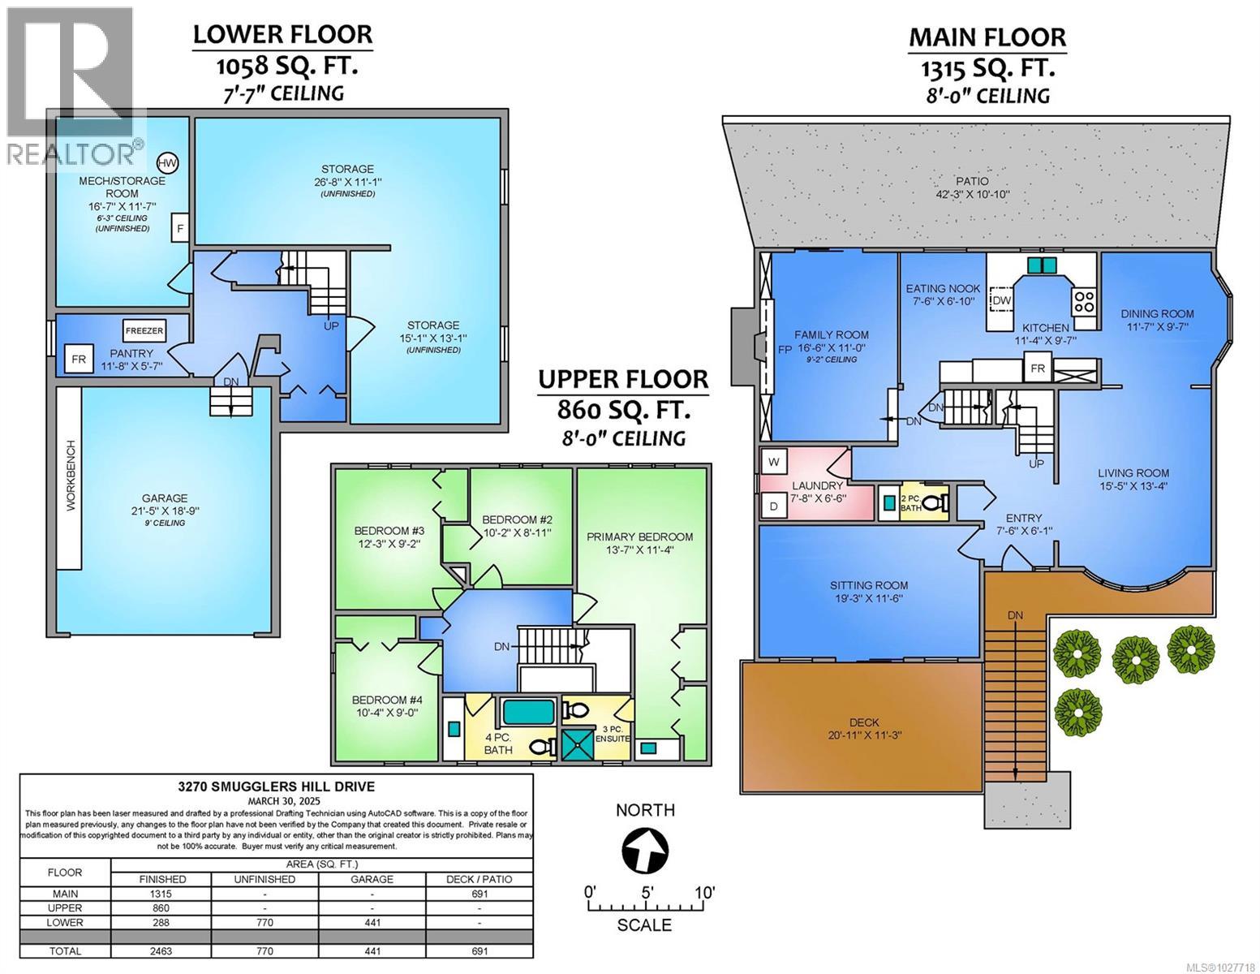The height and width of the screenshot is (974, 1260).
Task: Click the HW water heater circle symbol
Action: coord(167,163)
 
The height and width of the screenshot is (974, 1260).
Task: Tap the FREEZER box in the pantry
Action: coord(144,331)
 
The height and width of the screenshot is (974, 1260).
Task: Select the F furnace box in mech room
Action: coord(179,229)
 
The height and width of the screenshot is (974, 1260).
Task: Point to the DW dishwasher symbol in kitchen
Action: coord(1001,301)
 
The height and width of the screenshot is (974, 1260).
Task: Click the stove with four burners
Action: coord(1083,301)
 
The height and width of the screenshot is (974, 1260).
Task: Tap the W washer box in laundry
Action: coord(774,462)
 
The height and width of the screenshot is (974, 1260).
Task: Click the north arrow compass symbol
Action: coord(646,851)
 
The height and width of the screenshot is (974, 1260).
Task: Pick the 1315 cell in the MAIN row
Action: coord(161,894)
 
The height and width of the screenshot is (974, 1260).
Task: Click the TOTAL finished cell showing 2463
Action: coord(161,951)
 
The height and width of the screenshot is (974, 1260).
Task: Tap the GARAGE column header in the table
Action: coord(372,879)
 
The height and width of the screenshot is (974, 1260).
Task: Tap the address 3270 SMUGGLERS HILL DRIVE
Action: coord(277,786)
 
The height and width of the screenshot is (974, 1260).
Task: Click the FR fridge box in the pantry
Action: coord(79,359)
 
